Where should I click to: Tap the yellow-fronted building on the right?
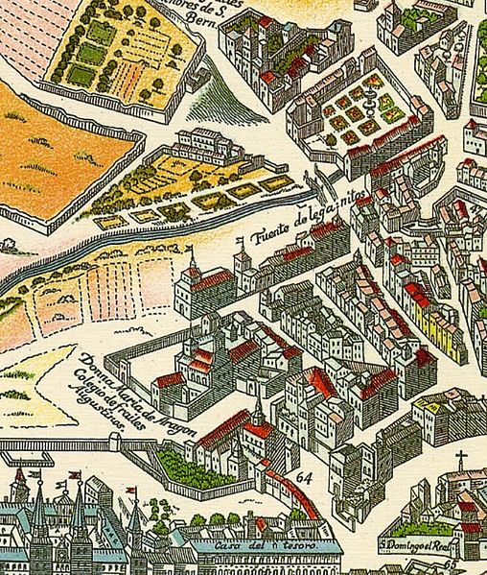(x=444, y=336)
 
